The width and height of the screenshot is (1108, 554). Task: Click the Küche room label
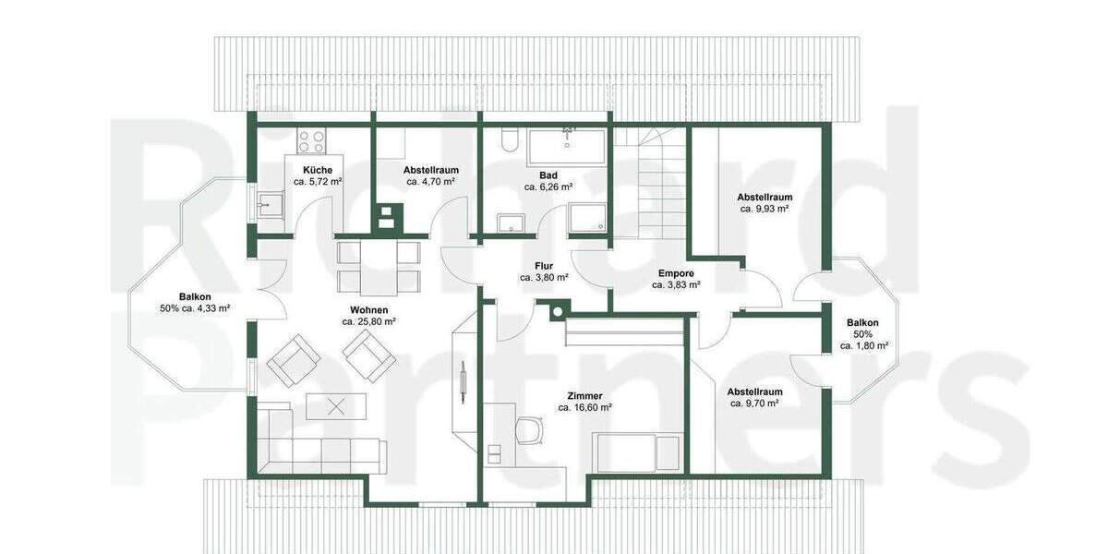pyautogui.click(x=318, y=170)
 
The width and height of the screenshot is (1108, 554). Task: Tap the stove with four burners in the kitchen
pyautogui.click(x=311, y=142)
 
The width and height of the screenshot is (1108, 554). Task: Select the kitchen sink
pyautogui.click(x=271, y=205)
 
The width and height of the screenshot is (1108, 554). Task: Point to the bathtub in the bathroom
pyautogui.click(x=567, y=146)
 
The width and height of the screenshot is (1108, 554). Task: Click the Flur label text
pyautogui.click(x=543, y=265)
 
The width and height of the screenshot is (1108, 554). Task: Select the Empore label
pyautogui.click(x=676, y=273)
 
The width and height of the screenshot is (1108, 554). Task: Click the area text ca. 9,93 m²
pyautogui.click(x=764, y=209)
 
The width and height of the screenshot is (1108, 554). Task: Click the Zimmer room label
pyautogui.click(x=584, y=395)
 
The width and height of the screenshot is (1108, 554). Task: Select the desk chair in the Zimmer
pyautogui.click(x=530, y=429)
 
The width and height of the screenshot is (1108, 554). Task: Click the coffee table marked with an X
pyautogui.click(x=336, y=405)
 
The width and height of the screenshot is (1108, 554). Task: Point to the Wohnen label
pyautogui.click(x=368, y=309)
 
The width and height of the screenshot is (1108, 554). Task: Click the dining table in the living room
pyautogui.click(x=379, y=266)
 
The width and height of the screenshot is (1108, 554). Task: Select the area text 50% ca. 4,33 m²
pyautogui.click(x=195, y=307)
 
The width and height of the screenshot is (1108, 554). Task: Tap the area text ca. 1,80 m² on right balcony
pyautogui.click(x=863, y=345)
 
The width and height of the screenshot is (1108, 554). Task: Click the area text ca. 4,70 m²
pyautogui.click(x=430, y=182)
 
